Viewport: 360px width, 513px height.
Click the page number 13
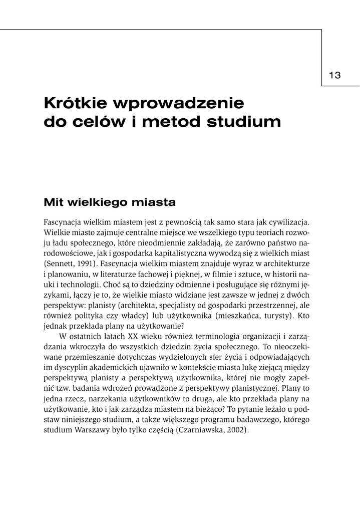pos(335,75)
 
